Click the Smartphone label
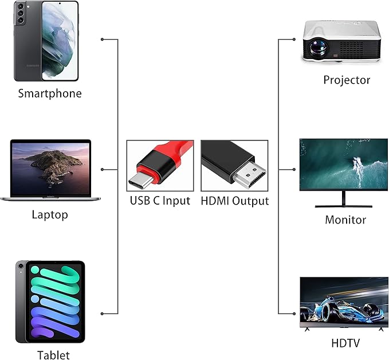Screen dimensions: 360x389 click(x=50, y=93)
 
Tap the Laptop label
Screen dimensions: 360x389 click(x=50, y=215)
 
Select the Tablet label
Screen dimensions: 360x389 click(x=53, y=355)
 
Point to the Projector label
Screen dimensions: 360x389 click(x=347, y=80)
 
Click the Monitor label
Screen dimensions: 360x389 click(x=345, y=220)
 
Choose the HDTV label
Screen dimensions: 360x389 click(x=346, y=343)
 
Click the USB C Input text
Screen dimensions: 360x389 click(x=160, y=201)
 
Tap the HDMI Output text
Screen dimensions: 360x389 click(x=234, y=201)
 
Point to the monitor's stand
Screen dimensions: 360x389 click(x=344, y=198)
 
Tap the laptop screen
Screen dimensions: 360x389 click(x=50, y=166)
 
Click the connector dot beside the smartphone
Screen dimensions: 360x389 click(x=102, y=40)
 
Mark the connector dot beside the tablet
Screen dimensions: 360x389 click(x=102, y=314)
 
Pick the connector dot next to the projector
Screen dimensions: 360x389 click(x=294, y=40)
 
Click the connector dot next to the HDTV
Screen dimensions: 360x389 click(x=294, y=314)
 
